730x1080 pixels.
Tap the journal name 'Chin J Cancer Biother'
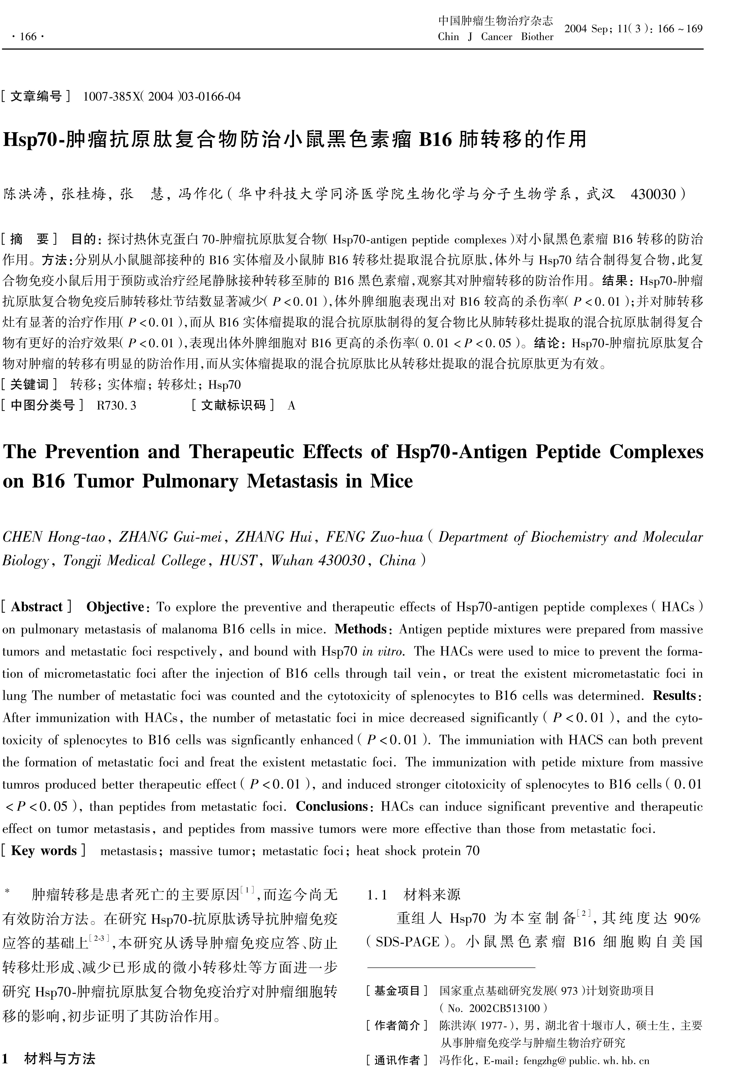click(x=495, y=37)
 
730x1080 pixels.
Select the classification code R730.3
click(x=116, y=406)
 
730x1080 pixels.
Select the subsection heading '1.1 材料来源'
click(x=414, y=894)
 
